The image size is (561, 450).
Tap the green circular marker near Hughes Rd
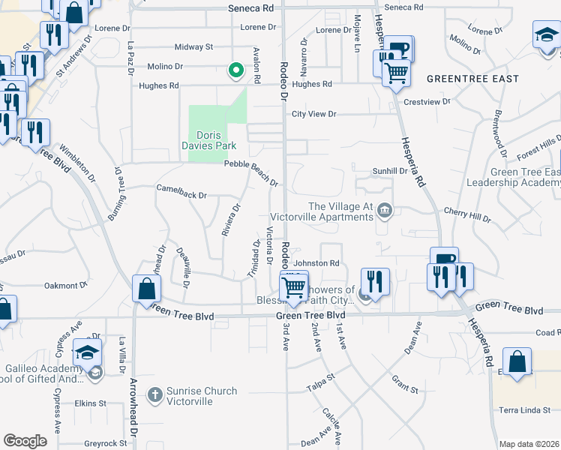[235, 71]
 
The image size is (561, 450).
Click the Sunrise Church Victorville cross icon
[154, 394]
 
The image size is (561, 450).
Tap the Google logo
[25, 440]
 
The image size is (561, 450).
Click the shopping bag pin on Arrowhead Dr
[146, 289]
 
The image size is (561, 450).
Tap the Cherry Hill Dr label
[466, 214]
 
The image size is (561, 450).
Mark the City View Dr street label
[314, 114]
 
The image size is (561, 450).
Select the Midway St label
[193, 46]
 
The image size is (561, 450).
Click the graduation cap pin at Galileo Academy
[87, 352]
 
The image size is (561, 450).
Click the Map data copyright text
[528, 444]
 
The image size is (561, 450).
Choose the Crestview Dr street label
[427, 101]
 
